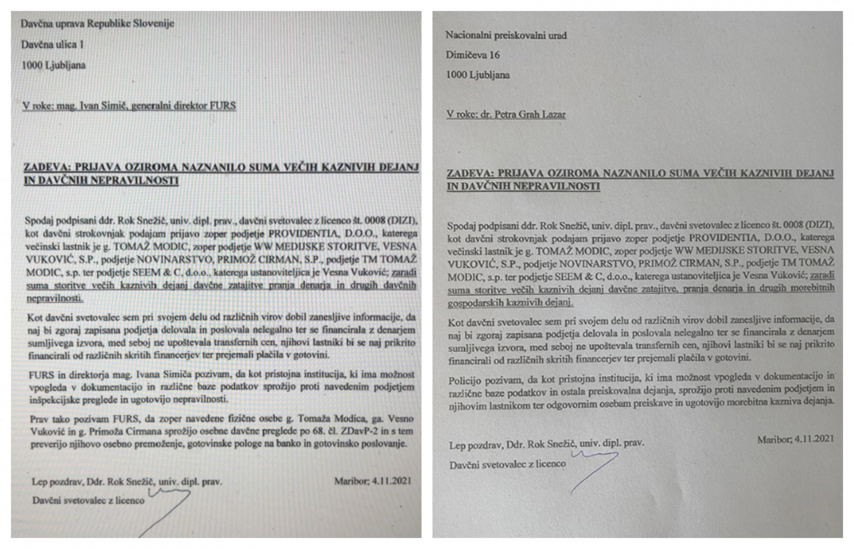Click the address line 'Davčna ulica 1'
pos(52,44)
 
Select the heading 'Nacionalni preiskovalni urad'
pos(506,36)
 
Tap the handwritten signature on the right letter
pos(594,469)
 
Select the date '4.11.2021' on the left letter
pos(391,481)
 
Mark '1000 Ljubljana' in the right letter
pos(478,75)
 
